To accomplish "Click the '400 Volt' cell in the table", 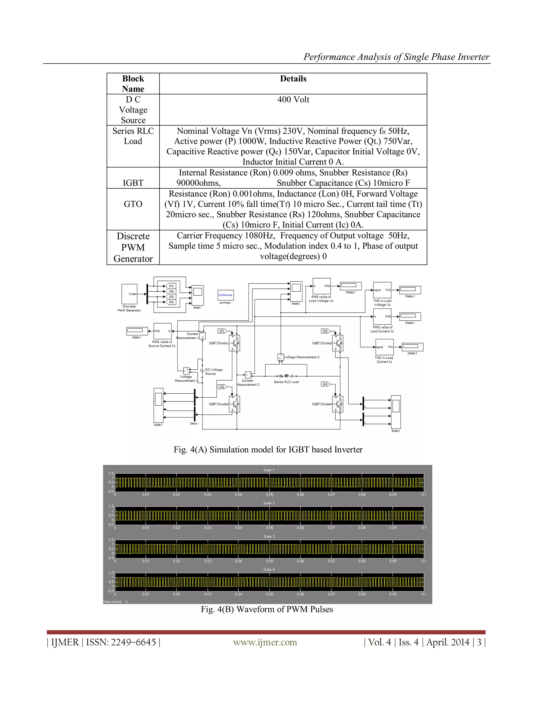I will click(293, 100).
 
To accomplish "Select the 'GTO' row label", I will click(133, 204).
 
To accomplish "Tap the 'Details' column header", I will click(293, 79).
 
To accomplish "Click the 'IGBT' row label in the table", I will click(133, 183).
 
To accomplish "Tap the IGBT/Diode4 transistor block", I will click(338, 404).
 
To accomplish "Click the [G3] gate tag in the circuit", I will click(325, 331).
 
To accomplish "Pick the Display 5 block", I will click(412, 347).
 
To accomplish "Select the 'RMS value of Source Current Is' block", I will click(162, 331).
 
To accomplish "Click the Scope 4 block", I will click(396, 412).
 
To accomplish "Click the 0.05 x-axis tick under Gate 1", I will click(269, 495).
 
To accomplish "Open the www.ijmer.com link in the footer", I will click(265, 642).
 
